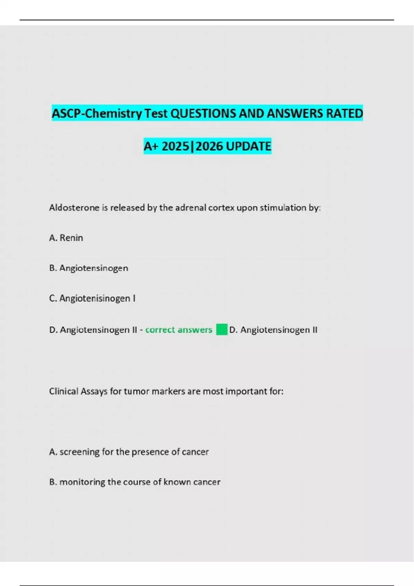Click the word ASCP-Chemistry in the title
click(x=97, y=113)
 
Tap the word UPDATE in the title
click(x=248, y=146)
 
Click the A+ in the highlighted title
click(x=151, y=146)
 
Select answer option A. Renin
click(x=66, y=238)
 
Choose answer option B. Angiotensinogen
click(x=89, y=268)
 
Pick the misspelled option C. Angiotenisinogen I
click(x=92, y=298)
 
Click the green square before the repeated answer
click(x=222, y=330)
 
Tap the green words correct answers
click(x=179, y=330)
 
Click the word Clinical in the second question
click(x=63, y=391)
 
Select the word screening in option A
click(x=79, y=452)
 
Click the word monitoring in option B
click(x=82, y=482)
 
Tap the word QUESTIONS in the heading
click(x=204, y=113)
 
